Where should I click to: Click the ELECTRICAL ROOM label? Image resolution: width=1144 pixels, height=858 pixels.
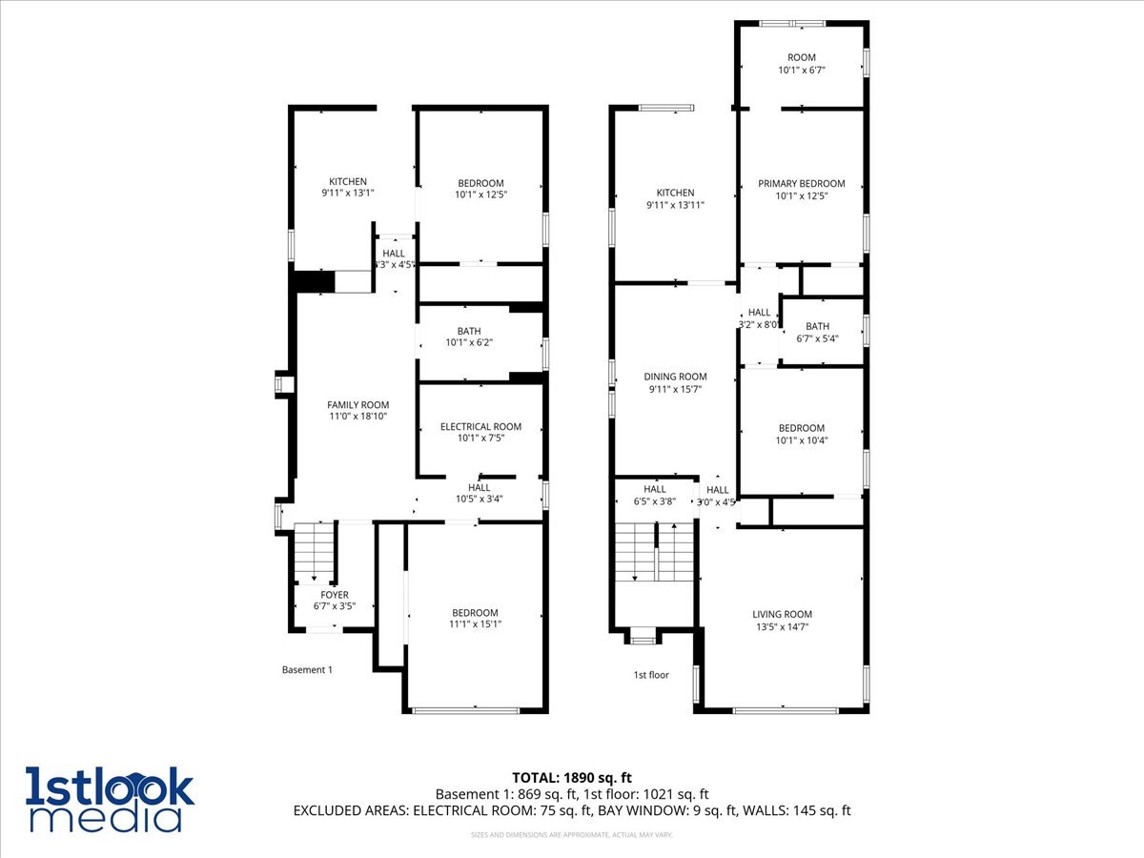pyautogui.click(x=480, y=427)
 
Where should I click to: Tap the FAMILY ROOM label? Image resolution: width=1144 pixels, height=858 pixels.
pyautogui.click(x=358, y=405)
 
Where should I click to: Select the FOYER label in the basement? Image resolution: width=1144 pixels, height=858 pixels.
pyautogui.click(x=335, y=595)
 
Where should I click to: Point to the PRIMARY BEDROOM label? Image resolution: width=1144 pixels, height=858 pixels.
pyautogui.click(x=802, y=184)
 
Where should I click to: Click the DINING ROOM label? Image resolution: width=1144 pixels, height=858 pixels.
pyautogui.click(x=675, y=378)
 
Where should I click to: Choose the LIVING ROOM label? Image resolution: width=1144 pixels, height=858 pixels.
pyautogui.click(x=782, y=615)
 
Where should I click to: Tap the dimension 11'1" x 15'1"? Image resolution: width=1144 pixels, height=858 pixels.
pyautogui.click(x=475, y=624)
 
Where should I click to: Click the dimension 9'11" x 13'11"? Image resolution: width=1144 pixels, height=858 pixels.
pyautogui.click(x=675, y=205)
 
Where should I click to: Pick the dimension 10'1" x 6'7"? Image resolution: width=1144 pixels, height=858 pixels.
pyautogui.click(x=802, y=70)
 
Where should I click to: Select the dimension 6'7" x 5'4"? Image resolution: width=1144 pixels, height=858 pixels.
pyautogui.click(x=817, y=338)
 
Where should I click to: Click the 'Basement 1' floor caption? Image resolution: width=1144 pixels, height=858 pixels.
pyautogui.click(x=307, y=670)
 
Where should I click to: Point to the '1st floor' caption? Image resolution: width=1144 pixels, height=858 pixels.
pyautogui.click(x=651, y=675)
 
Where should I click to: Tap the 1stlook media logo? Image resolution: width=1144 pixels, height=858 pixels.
pyautogui.click(x=110, y=799)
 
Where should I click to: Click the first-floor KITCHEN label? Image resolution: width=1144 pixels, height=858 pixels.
pyautogui.click(x=675, y=194)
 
